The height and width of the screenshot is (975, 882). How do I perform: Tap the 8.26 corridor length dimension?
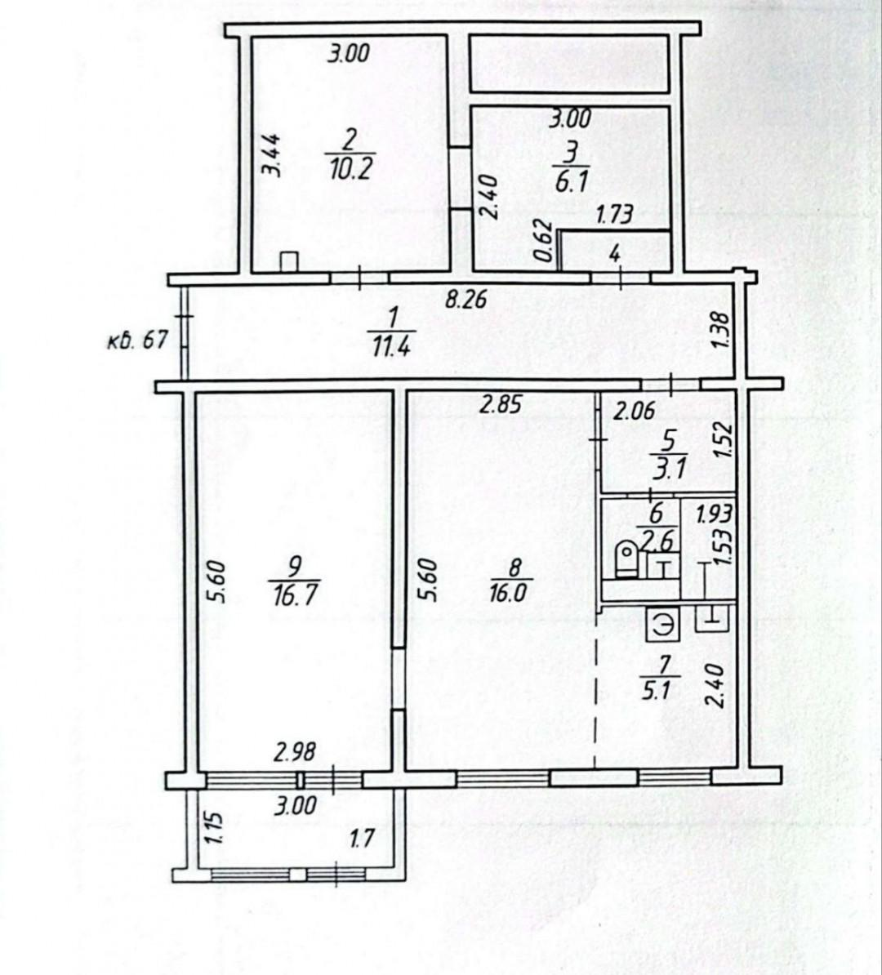(465, 301)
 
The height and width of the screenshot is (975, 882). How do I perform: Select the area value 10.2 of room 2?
(350, 170)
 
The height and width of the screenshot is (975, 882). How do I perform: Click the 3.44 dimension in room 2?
(270, 155)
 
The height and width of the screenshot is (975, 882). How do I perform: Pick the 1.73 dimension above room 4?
(614, 215)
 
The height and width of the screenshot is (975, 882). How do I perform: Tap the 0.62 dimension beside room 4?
(544, 241)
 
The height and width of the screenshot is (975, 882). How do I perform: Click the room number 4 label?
(615, 253)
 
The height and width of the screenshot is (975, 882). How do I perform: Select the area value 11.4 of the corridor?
(390, 344)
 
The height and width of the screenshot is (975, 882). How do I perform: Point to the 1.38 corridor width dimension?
(721, 330)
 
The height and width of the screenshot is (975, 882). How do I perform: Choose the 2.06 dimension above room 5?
(635, 412)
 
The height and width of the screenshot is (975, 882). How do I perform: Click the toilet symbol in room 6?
(626, 559)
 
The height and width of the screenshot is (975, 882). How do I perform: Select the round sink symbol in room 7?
(664, 625)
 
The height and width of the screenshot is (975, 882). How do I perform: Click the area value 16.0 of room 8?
(507, 592)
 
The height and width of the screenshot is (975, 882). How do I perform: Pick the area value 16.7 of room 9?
(296, 594)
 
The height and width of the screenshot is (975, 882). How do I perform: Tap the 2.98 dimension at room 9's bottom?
(295, 752)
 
